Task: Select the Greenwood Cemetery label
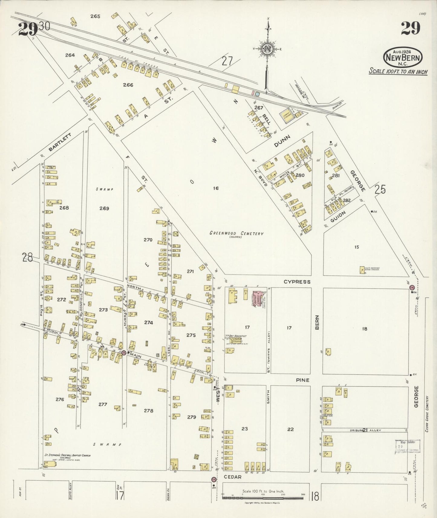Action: [x=236, y=233]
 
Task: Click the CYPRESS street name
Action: [x=297, y=282]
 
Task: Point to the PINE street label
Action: [x=303, y=380]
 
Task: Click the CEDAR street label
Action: [x=233, y=477]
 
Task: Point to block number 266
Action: [x=128, y=85]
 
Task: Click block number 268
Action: [x=64, y=208]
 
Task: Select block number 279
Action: [x=191, y=417]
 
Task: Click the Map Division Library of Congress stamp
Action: [x=407, y=446]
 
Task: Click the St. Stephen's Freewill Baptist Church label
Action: [x=68, y=455]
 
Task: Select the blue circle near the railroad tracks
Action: [x=257, y=94]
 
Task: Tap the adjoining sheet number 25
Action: [x=380, y=189]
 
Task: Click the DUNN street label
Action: [x=282, y=141]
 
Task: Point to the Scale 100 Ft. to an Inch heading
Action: [x=398, y=72]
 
